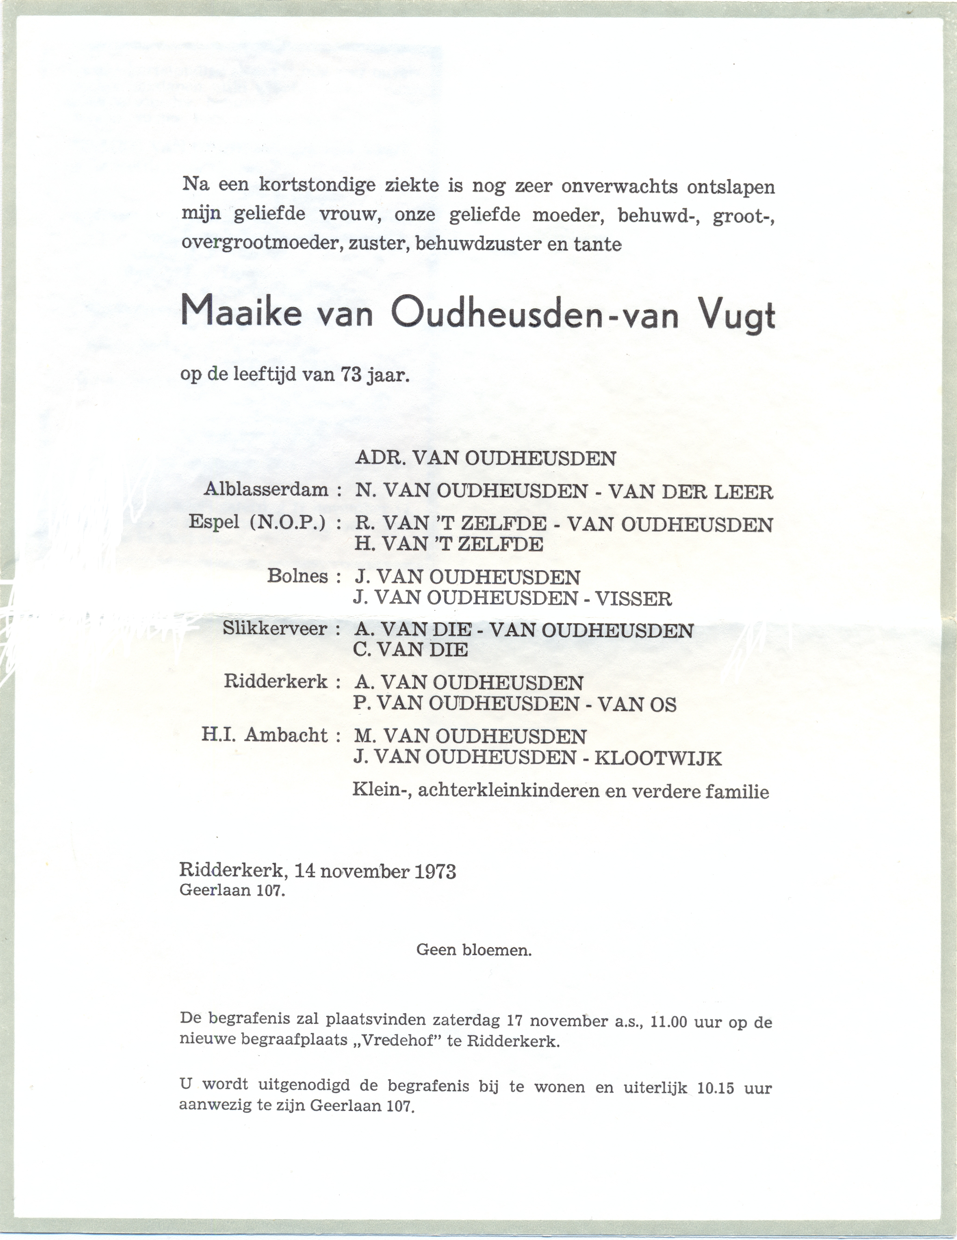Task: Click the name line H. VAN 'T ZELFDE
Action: click(448, 544)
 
